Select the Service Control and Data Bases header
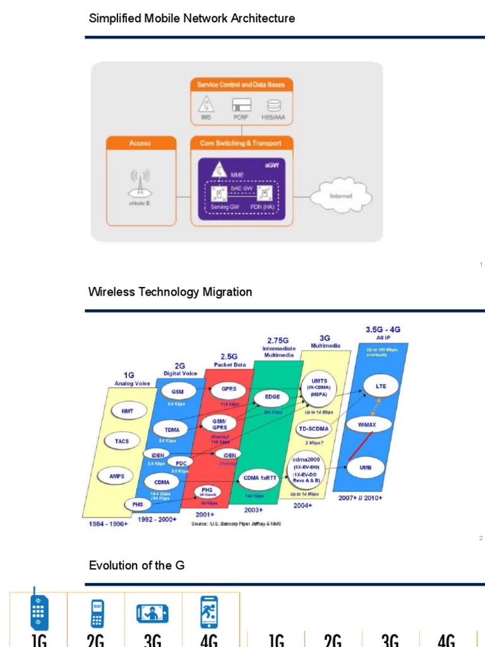tap(241, 84)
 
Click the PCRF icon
tap(241, 106)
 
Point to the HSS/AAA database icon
tap(274, 106)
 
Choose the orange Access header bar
tap(140, 143)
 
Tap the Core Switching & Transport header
tap(241, 143)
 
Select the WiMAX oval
tap(367, 425)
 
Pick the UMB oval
tap(365, 468)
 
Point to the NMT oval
tap(123, 411)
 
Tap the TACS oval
tap(122, 441)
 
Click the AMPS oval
tap(117, 476)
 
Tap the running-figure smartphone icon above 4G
tap(208, 613)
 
